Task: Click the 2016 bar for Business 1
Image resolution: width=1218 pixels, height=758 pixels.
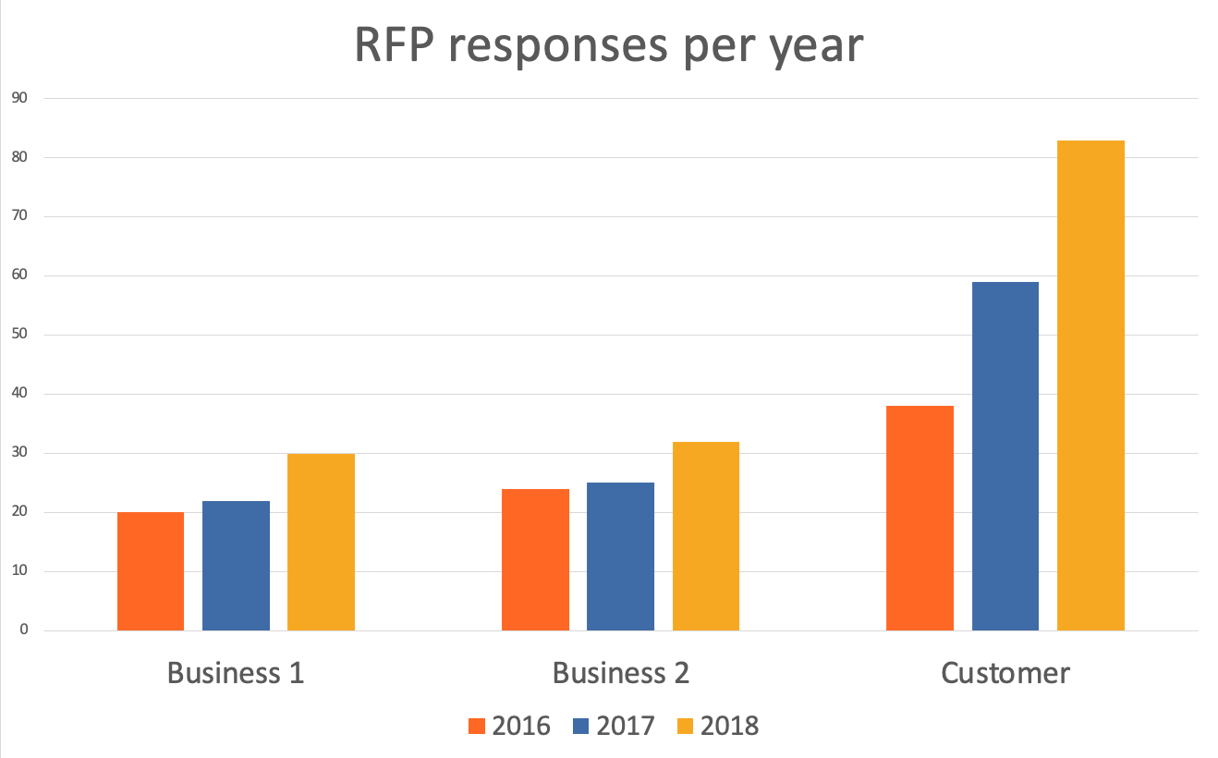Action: (151, 571)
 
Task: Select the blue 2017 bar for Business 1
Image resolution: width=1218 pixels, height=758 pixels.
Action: (236, 566)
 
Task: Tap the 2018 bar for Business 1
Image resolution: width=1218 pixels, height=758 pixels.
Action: (321, 542)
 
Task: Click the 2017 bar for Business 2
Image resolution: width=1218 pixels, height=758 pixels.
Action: (620, 556)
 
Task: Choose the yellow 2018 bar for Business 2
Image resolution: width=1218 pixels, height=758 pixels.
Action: (705, 536)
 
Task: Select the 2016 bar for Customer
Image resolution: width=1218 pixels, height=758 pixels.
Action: (920, 518)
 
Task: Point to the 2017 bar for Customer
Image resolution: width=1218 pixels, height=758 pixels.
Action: (1005, 456)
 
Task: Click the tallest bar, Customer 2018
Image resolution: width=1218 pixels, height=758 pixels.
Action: (1090, 385)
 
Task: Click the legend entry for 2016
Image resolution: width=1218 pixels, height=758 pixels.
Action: (509, 726)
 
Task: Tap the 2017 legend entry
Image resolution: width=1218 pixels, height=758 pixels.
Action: (613, 726)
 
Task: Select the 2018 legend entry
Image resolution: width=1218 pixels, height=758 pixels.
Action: (717, 726)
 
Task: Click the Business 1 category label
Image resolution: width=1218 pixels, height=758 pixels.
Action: (236, 672)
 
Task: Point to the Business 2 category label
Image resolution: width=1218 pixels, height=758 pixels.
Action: (620, 672)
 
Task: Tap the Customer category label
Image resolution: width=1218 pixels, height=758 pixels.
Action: (1005, 672)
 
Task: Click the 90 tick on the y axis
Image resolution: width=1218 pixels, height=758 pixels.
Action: (19, 98)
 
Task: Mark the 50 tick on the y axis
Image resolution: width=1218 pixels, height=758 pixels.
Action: (19, 335)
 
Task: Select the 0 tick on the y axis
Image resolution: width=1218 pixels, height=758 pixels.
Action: (23, 630)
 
